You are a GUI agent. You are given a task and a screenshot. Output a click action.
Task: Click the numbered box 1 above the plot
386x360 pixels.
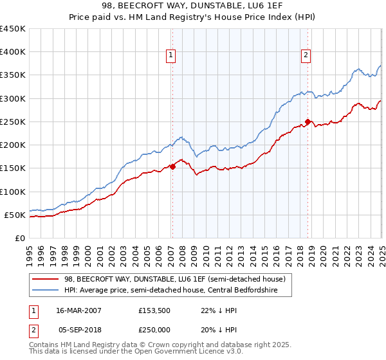[x=172, y=56]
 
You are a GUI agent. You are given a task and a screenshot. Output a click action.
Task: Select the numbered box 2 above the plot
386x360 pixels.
[x=306, y=56]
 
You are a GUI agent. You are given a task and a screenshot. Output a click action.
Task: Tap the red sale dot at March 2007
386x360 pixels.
[x=172, y=167]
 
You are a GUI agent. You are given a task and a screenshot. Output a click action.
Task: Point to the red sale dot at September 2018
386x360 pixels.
[x=308, y=122]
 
